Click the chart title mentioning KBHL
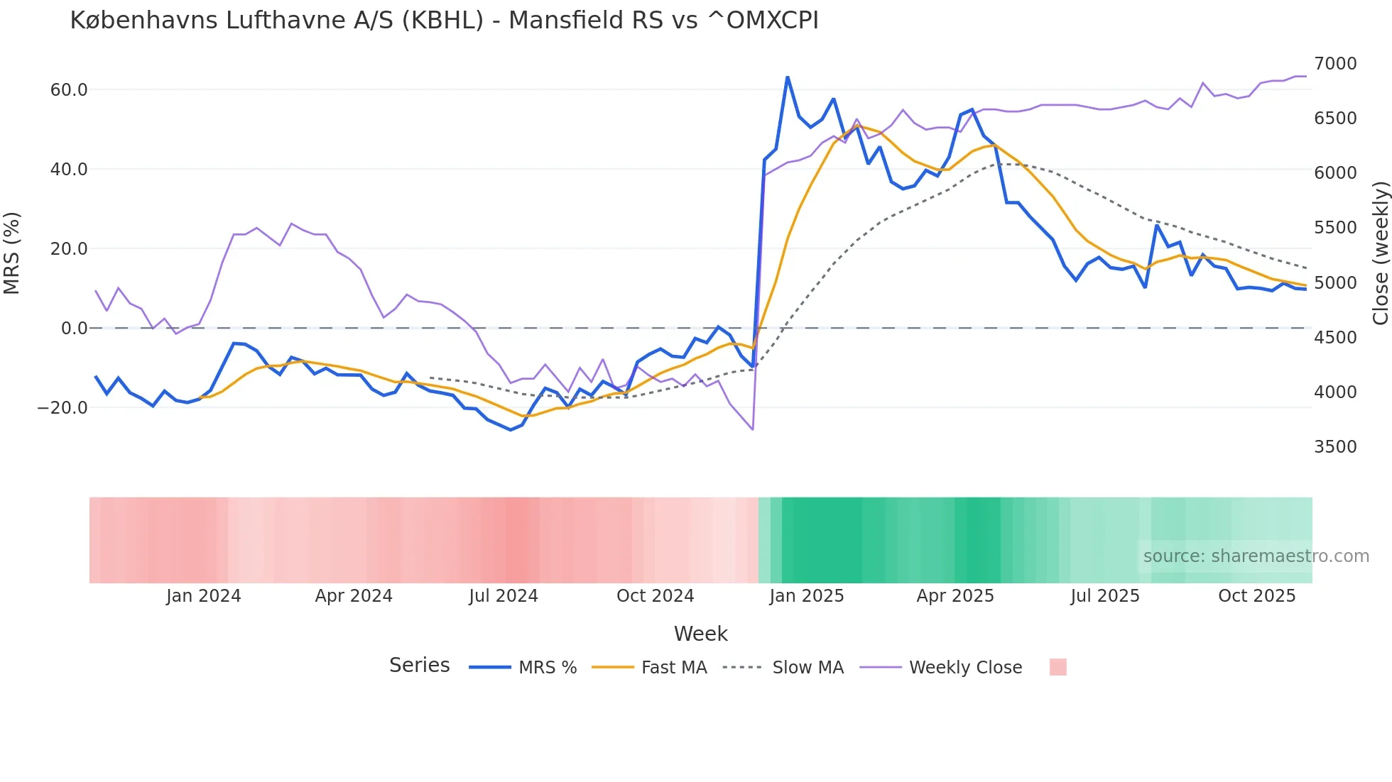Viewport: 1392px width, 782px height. pyautogui.click(x=444, y=21)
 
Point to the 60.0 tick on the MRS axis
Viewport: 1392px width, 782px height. pyautogui.click(x=69, y=90)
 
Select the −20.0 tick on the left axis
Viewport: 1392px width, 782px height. pyautogui.click(x=62, y=408)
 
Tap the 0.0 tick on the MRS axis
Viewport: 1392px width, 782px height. pyautogui.click(x=74, y=329)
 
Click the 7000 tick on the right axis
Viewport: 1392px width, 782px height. pyautogui.click(x=1335, y=64)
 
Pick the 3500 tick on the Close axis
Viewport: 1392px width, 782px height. pyautogui.click(x=1335, y=447)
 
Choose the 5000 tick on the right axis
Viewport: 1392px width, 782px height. pyautogui.click(x=1335, y=283)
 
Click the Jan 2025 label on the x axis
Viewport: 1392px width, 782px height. pyautogui.click(x=806, y=596)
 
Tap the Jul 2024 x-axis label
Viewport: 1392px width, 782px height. pyautogui.click(x=503, y=596)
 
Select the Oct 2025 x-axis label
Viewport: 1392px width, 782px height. pyautogui.click(x=1256, y=596)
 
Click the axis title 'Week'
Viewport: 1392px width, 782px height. pyautogui.click(x=700, y=634)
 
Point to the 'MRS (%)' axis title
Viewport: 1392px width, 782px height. pyautogui.click(x=12, y=253)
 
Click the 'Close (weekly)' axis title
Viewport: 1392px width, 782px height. pyautogui.click(x=1380, y=253)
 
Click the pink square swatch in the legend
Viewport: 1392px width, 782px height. pyautogui.click(x=1057, y=667)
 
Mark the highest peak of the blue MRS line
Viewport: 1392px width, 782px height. pyautogui.click(x=787, y=77)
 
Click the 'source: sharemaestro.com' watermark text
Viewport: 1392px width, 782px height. pyautogui.click(x=1256, y=556)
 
